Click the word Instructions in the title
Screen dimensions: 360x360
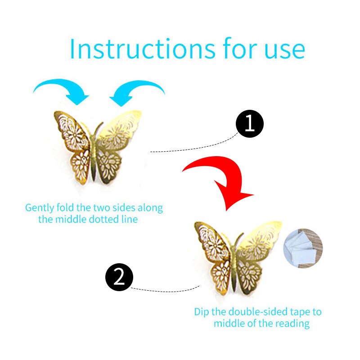coord(143,49)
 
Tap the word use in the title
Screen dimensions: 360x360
coord(285,50)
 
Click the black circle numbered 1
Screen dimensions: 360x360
coord(250,124)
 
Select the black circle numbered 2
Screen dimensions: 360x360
coord(119,277)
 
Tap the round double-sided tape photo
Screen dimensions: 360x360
coord(303,248)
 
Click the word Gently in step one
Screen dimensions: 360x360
coord(40,208)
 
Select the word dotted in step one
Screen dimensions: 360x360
coord(104,219)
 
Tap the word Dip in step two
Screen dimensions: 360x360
coord(202,312)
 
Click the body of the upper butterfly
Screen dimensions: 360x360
coord(94,156)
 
